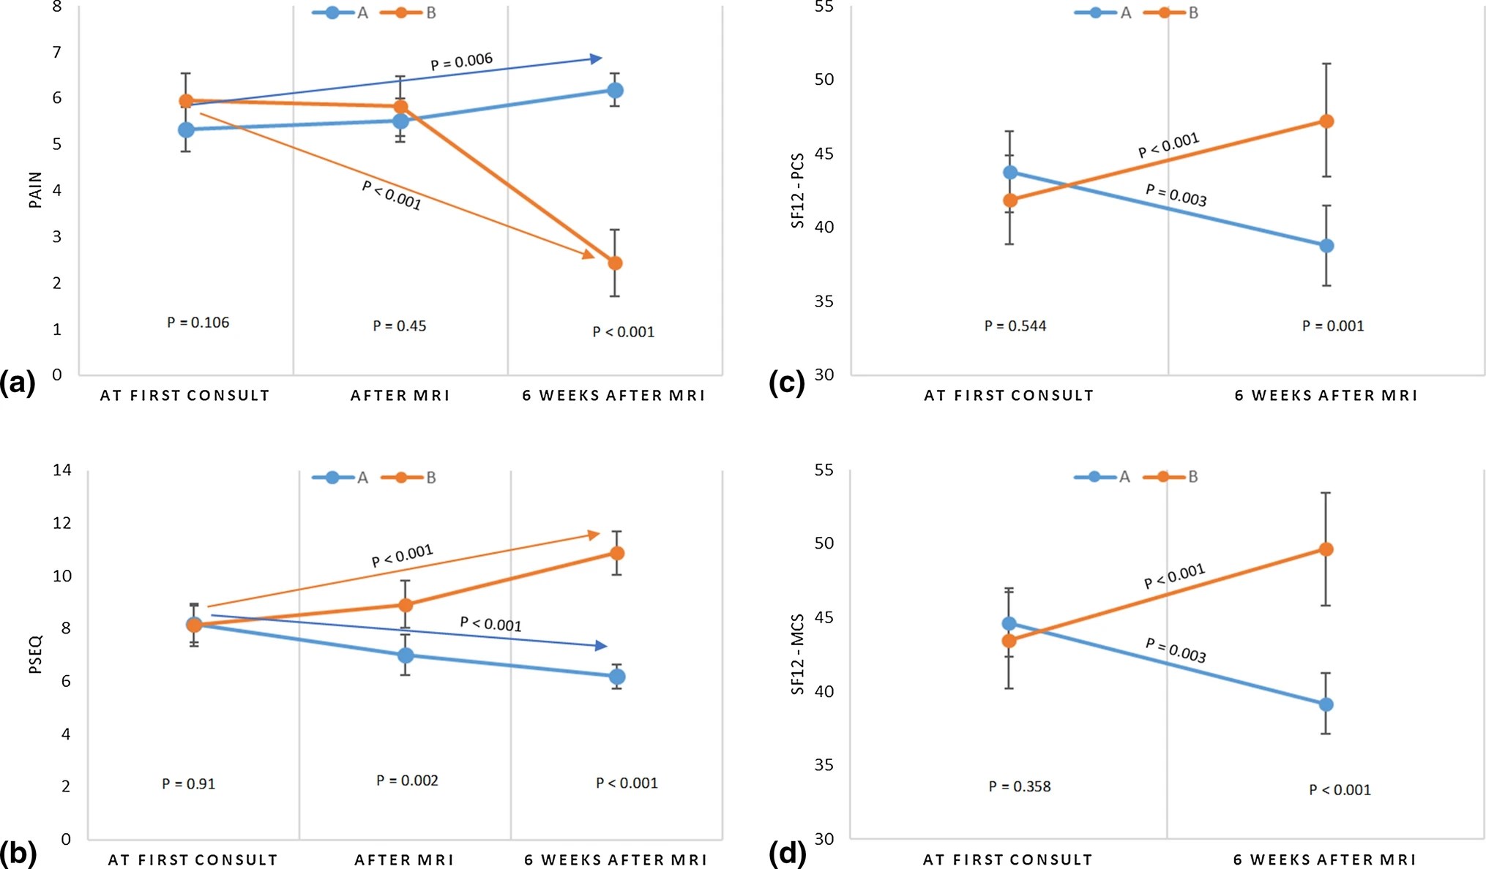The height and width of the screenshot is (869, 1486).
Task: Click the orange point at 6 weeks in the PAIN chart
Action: point(615,263)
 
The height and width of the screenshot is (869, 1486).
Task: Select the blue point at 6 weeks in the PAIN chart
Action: point(615,91)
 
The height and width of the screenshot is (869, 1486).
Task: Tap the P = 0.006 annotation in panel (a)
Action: point(461,61)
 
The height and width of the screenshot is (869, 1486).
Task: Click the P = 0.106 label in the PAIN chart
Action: point(198,323)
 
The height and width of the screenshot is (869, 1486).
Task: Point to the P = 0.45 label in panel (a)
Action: point(399,326)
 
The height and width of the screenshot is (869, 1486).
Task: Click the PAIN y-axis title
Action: point(35,190)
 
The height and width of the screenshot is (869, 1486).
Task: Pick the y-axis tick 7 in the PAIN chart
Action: point(56,52)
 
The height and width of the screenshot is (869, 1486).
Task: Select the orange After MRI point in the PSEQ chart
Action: point(406,605)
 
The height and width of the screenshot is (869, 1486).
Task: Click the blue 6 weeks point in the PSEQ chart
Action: point(617,677)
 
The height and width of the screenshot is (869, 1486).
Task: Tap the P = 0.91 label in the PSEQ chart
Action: point(188,784)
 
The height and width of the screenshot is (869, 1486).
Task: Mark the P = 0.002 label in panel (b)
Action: point(407,780)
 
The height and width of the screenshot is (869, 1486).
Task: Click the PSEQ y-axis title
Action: point(35,654)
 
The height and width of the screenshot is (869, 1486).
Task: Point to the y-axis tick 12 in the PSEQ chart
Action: point(62,522)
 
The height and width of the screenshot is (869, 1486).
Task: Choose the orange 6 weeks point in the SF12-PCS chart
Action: point(1326,121)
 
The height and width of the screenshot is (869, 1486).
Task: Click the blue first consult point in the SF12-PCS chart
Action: point(1010,173)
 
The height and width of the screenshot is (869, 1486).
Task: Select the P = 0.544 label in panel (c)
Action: point(1015,326)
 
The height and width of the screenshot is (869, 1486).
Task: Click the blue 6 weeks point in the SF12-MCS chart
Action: point(1326,704)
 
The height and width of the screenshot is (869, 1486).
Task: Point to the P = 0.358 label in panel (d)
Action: point(1019,786)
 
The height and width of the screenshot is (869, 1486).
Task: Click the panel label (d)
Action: point(787,852)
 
